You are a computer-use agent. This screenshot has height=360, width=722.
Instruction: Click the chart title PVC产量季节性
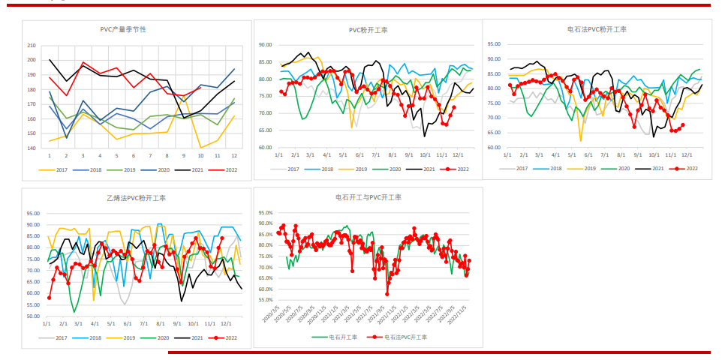click(123, 30)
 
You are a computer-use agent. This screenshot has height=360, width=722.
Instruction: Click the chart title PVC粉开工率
click(368, 30)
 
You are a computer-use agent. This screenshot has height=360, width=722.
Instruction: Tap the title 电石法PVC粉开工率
click(597, 29)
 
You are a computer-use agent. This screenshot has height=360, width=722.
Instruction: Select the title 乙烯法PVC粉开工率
click(135, 198)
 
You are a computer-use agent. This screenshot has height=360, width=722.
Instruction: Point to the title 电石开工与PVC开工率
click(369, 197)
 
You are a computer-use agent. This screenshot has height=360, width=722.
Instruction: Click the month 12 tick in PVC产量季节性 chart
click(234, 156)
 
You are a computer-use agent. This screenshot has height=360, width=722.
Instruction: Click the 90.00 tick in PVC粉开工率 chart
click(265, 44)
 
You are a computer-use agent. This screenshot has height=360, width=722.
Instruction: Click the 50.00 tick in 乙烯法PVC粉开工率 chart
click(32, 316)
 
